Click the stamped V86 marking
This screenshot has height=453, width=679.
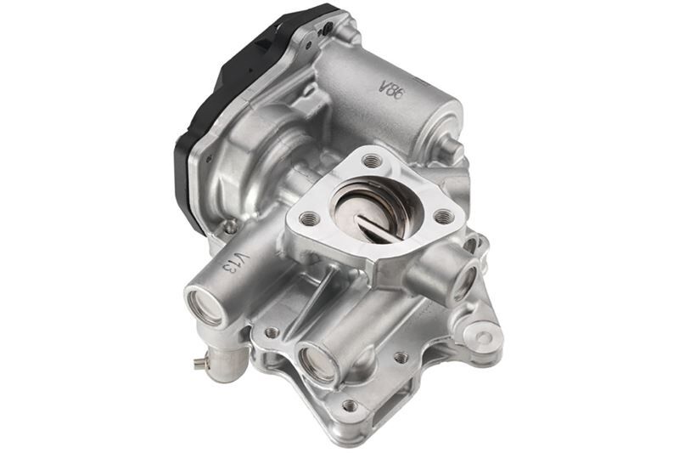pos(390,89)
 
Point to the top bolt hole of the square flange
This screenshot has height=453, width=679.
pos(371,160)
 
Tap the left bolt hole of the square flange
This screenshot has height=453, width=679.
pos(310,218)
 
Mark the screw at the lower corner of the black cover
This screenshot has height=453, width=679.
pos(229,227)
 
